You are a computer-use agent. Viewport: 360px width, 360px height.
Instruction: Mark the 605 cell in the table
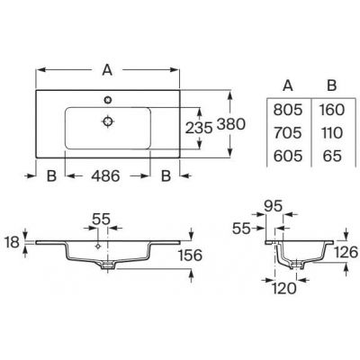click(286, 155)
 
